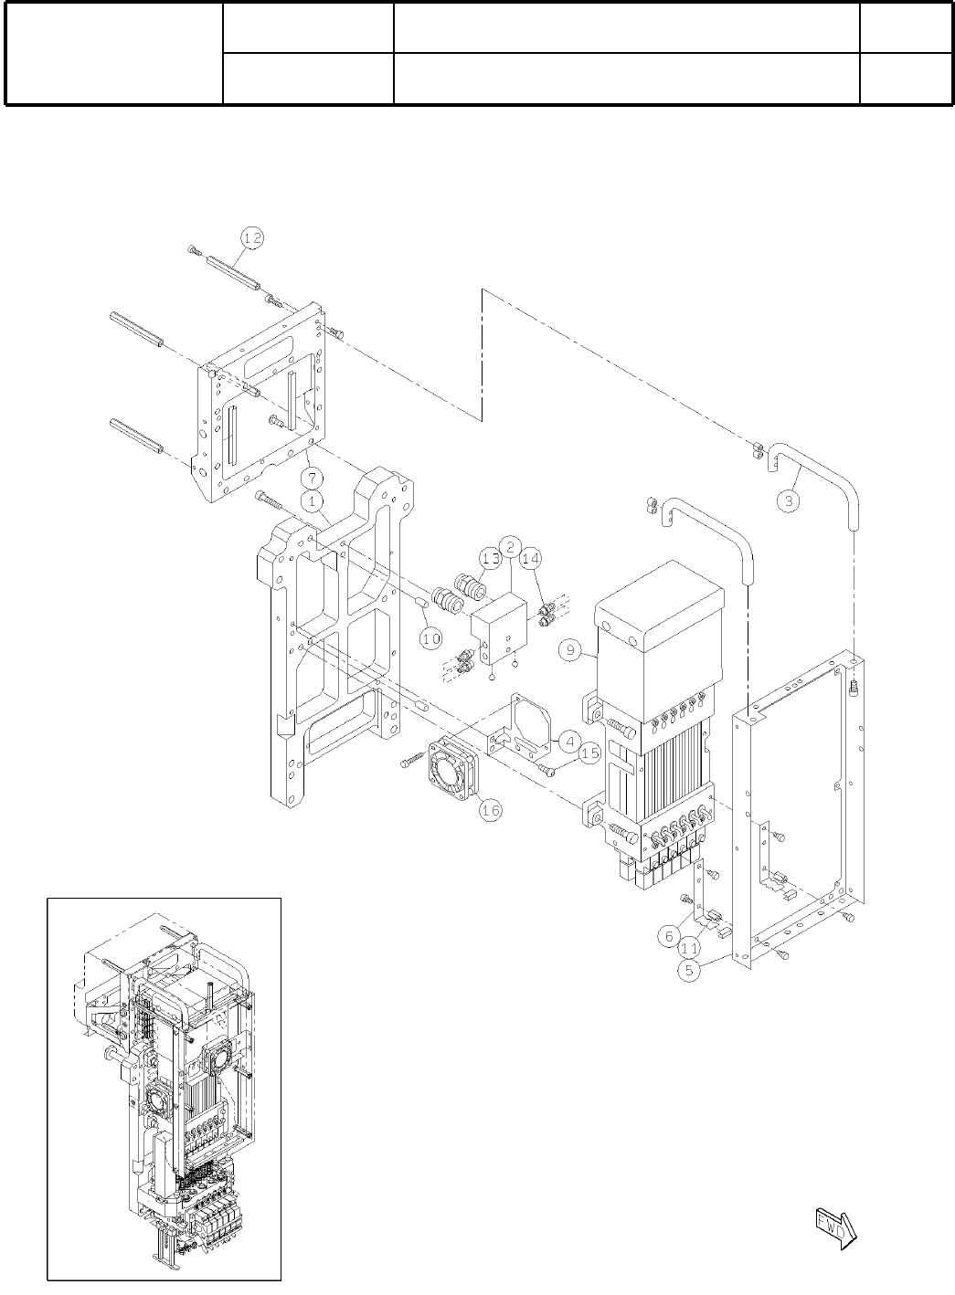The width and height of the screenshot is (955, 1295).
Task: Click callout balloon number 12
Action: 252,237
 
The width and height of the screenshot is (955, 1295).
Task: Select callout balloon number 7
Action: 313,478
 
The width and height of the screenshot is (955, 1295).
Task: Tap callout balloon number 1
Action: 313,500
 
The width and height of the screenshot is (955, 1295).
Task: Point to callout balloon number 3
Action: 788,500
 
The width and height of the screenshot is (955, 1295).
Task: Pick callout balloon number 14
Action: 531,558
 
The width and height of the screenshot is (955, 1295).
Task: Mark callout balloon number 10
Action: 431,637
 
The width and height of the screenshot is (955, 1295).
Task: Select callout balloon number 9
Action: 570,650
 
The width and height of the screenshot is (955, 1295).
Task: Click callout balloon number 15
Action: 589,753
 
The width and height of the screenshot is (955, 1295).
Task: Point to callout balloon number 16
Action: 490,809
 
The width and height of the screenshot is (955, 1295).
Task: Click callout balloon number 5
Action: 692,971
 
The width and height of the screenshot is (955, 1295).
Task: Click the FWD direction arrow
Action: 833,1224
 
